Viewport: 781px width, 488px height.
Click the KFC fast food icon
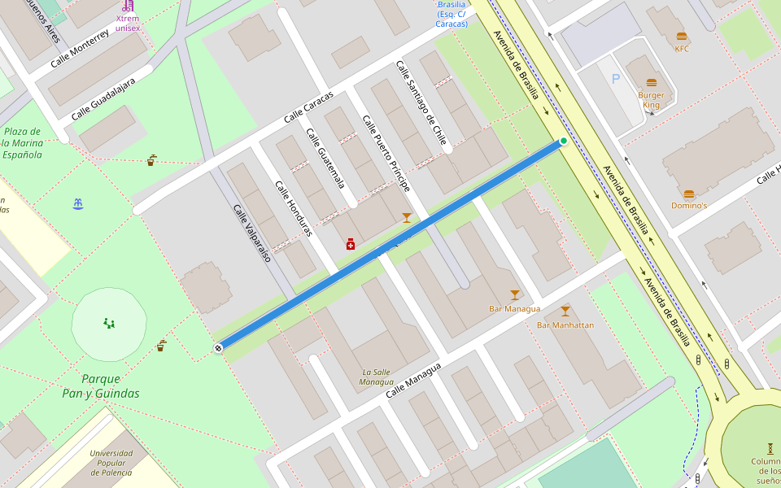pos(682,36)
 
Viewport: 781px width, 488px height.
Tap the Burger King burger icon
pos(652,83)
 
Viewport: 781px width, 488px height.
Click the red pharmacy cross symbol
pos(351,244)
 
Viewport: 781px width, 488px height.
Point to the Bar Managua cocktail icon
pos(514,295)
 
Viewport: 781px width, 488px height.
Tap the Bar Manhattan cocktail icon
pos(565,312)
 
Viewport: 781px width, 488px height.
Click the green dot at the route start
pos(563,142)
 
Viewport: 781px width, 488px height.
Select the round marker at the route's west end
pos(219,348)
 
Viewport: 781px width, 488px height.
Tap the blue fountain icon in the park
pos(78,203)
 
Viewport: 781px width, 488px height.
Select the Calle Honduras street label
pos(294,209)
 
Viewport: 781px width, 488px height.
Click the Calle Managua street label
pos(413,381)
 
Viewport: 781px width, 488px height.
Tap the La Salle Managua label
pos(377,377)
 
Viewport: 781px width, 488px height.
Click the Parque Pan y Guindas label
pos(101,386)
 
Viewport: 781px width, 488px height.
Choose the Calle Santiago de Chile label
pos(422,103)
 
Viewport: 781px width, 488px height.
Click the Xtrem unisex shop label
pos(128,23)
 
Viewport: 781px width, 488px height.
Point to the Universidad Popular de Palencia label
pos(111,463)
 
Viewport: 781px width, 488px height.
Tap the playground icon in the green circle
pos(109,323)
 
